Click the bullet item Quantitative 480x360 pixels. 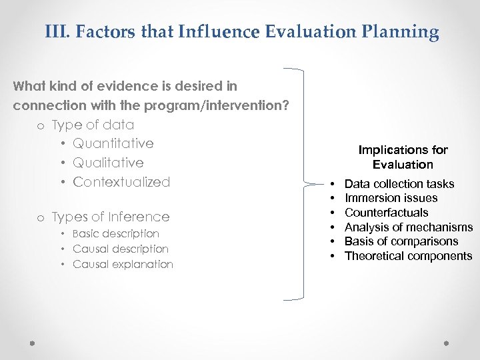click(x=113, y=143)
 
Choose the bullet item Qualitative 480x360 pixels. click(x=108, y=163)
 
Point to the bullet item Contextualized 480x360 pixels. click(x=121, y=182)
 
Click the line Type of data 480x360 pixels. click(x=93, y=125)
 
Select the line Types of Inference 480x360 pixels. click(x=110, y=217)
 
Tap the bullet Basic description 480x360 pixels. click(x=115, y=234)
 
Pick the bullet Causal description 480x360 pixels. click(x=120, y=249)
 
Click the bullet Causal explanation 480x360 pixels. click(x=123, y=264)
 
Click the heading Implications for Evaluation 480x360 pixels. click(x=403, y=157)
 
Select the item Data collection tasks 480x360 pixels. click(x=399, y=184)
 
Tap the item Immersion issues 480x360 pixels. click(x=391, y=198)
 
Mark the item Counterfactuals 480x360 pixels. click(x=386, y=213)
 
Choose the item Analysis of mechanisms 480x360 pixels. click(x=408, y=227)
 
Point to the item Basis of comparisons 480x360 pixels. click(x=401, y=241)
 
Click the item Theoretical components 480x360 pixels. click(x=408, y=256)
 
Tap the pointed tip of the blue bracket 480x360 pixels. click(x=319, y=183)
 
